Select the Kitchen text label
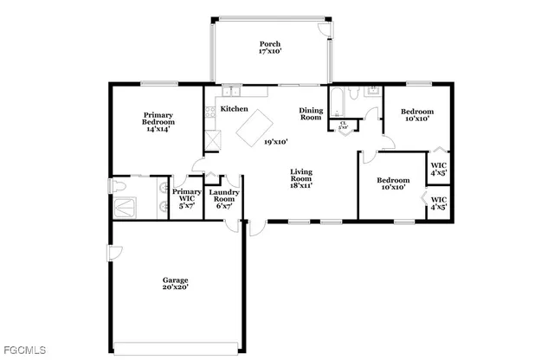click(234, 109)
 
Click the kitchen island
click(254, 130)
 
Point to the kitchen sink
click(232, 89)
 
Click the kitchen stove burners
click(209, 112)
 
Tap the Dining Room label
click(311, 113)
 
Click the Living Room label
click(300, 178)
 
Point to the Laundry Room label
click(223, 199)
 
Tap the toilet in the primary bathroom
click(119, 186)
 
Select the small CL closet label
click(343, 125)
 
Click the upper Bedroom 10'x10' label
click(417, 115)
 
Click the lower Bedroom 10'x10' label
click(393, 183)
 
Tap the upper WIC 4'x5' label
click(439, 168)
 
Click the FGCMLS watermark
click(23, 350)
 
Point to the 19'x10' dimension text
click(276, 141)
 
